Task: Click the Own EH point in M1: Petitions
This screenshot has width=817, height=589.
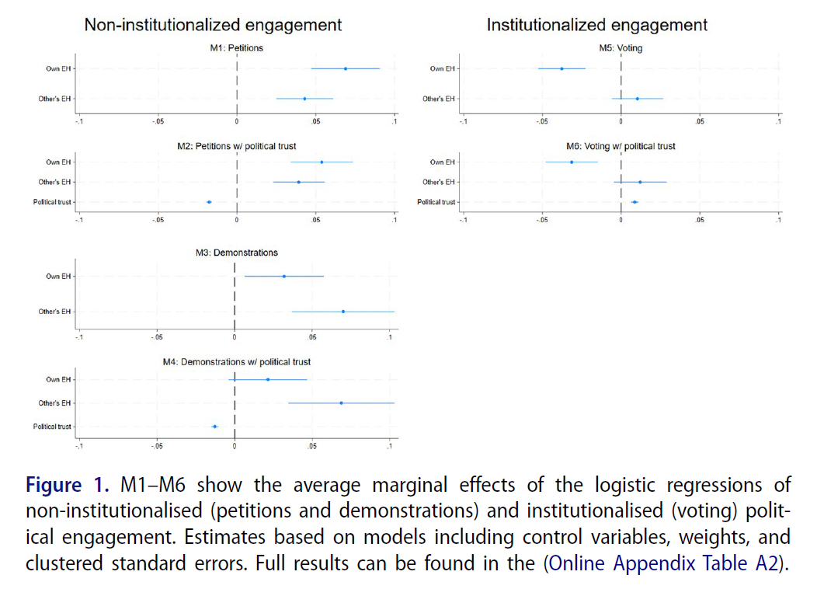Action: (346, 68)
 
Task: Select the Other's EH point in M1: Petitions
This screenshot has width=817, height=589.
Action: (304, 99)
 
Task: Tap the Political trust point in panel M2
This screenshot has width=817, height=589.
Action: (209, 202)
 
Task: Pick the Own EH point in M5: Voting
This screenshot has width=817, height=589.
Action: (561, 68)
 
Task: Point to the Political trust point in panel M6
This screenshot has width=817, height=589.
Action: (634, 202)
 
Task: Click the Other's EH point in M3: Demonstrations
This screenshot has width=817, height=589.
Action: (342, 312)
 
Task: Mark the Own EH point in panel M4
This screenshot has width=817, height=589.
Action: (268, 379)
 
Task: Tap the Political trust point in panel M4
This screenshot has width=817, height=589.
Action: (214, 427)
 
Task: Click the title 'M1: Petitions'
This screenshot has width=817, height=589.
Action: (236, 48)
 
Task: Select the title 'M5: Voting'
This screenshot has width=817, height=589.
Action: (621, 48)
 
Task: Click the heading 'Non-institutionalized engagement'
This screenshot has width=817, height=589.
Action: (213, 25)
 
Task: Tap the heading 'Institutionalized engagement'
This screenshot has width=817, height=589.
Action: (596, 25)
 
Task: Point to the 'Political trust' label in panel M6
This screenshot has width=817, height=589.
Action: (436, 202)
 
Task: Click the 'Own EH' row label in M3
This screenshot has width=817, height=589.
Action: (58, 276)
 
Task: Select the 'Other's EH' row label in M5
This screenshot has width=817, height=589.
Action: (438, 99)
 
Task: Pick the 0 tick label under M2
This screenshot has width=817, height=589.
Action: (236, 220)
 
